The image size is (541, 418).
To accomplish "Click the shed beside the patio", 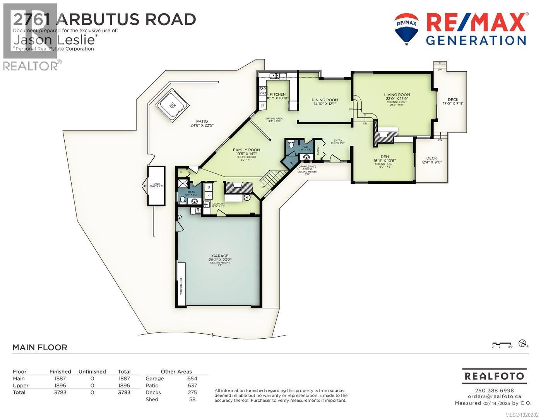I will pyautogui.click(x=156, y=186).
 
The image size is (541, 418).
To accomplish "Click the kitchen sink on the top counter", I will pyautogui.click(x=275, y=76).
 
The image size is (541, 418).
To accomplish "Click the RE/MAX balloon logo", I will pyautogui.click(x=406, y=28).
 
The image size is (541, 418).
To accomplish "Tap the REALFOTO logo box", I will pyautogui.click(x=494, y=376).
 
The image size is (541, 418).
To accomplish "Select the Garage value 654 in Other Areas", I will pyautogui.click(x=192, y=379).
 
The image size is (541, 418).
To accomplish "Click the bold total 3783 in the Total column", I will pyautogui.click(x=124, y=392).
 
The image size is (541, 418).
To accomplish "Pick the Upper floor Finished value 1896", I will pyautogui.click(x=60, y=385).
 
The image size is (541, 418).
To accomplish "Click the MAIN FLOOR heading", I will pyautogui.click(x=40, y=348).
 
